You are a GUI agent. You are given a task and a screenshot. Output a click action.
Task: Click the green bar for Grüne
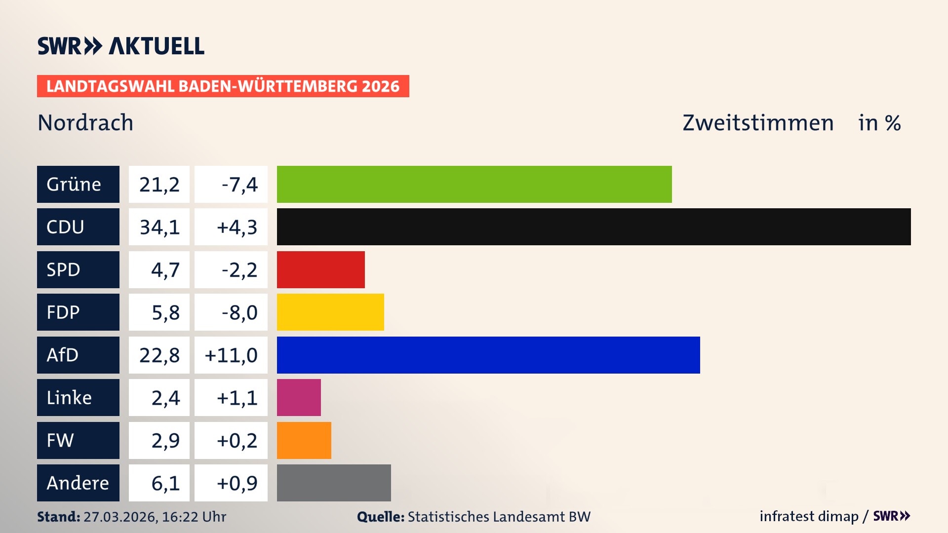[474, 184]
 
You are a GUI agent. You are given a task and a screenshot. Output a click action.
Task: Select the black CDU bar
[593, 227]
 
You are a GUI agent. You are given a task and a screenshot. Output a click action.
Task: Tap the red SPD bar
[320, 269]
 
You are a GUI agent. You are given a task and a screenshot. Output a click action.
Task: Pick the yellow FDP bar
[330, 312]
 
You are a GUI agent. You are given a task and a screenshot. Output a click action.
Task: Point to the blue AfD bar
[488, 355]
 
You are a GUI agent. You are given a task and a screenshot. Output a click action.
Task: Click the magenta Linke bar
[299, 397]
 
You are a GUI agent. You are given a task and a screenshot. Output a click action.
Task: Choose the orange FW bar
[304, 440]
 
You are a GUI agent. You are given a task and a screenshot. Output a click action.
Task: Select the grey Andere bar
[334, 483]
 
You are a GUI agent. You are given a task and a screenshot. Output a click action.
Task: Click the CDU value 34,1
[159, 227]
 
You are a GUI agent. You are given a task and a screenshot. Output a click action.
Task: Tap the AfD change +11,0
[231, 355]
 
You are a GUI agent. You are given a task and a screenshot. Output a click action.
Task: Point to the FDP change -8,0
[239, 312]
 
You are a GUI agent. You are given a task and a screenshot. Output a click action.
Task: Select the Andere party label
[78, 483]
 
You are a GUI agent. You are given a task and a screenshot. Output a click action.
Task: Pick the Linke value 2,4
[165, 398]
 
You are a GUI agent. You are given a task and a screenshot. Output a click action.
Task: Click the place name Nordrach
[85, 122]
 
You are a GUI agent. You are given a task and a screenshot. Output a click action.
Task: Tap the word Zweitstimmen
[758, 122]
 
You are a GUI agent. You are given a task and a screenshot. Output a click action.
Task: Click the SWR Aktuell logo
[121, 46]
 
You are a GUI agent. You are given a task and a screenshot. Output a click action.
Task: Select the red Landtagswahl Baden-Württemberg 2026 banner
[223, 86]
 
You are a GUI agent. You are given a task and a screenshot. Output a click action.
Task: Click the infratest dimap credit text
[809, 516]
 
